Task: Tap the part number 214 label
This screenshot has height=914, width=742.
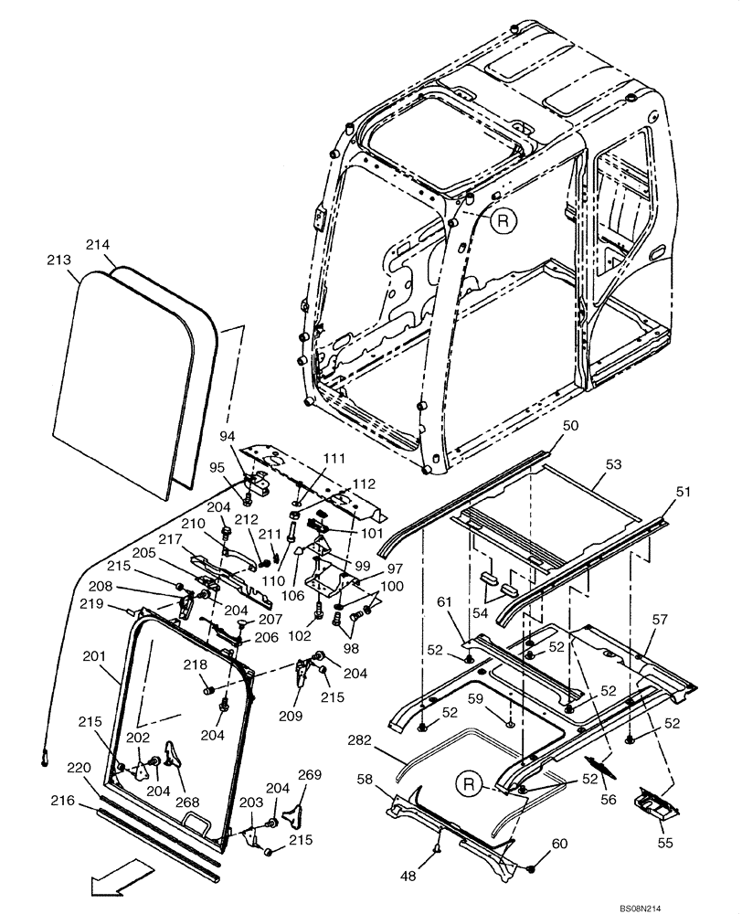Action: point(98,245)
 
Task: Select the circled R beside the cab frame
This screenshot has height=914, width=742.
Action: point(503,220)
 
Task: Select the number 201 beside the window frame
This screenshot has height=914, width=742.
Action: point(93,656)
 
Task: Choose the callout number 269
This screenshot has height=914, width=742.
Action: point(310,775)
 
